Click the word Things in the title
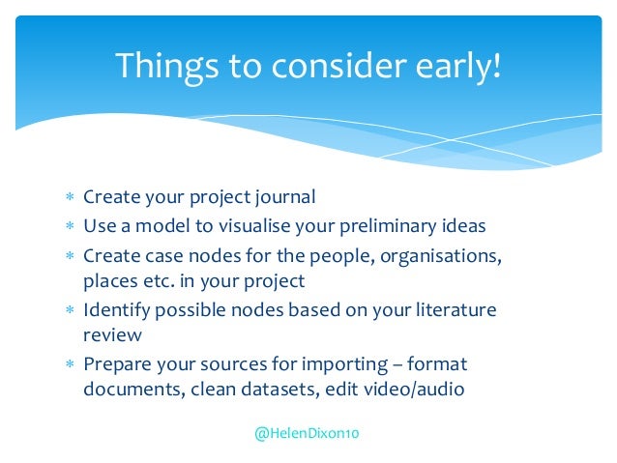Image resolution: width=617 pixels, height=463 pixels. point(167,67)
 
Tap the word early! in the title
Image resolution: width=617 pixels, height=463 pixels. point(458,67)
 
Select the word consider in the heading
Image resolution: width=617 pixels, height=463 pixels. point(338,66)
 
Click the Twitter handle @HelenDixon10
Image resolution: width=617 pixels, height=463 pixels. point(307,433)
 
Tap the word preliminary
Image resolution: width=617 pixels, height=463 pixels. point(388,226)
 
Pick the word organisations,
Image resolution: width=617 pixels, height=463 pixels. point(441,257)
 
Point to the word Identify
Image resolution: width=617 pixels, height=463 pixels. point(116,311)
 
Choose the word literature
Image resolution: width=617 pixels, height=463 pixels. point(456,310)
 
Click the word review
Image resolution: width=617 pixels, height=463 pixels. point(112,335)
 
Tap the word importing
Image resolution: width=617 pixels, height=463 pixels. point(344,364)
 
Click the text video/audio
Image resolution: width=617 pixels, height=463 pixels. point(414,390)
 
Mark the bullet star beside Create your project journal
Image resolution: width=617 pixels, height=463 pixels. point(70,196)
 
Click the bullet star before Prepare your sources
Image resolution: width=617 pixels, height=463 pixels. point(70,363)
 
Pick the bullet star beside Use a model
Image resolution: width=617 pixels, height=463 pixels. point(70,225)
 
